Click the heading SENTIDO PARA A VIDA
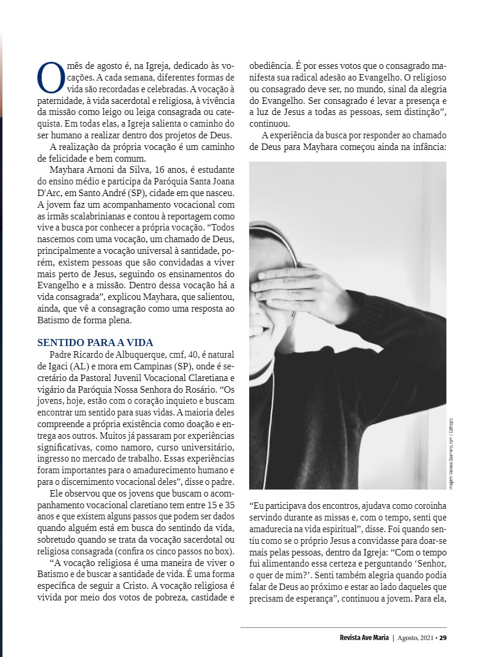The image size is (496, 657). [x=95, y=343]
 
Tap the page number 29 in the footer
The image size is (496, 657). [x=443, y=637]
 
